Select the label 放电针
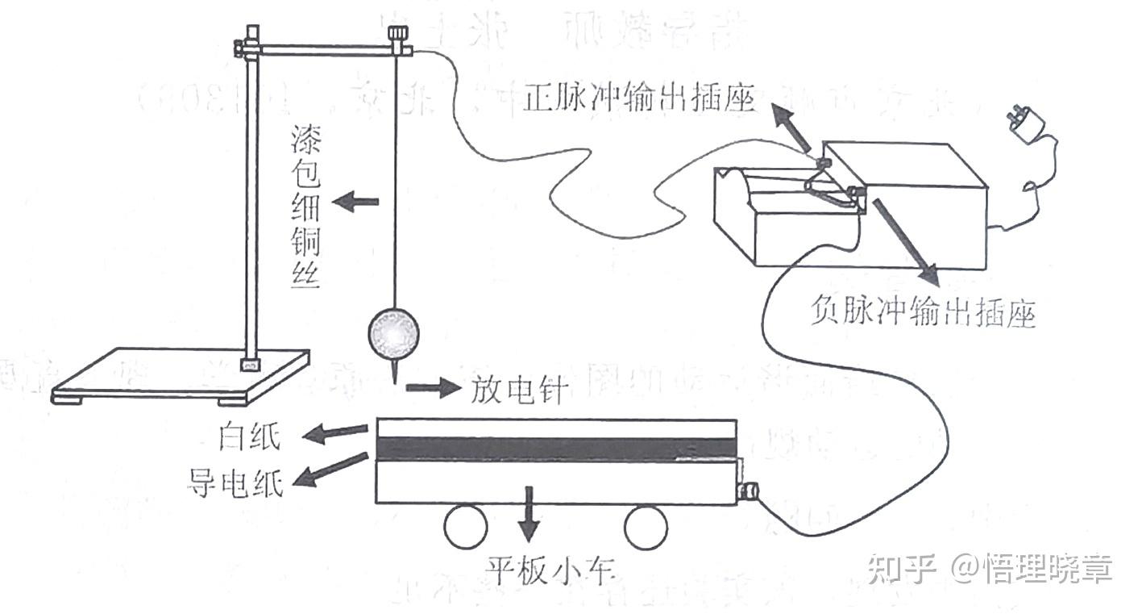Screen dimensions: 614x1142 click(518, 390)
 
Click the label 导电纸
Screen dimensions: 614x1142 click(235, 484)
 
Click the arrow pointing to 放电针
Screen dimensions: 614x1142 click(430, 389)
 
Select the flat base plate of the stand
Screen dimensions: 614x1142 click(181, 374)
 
